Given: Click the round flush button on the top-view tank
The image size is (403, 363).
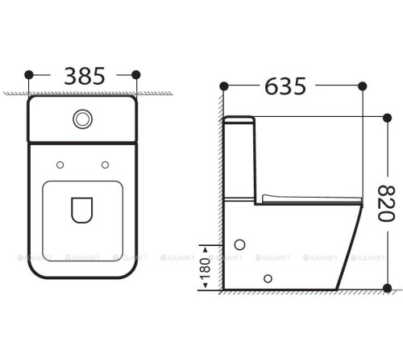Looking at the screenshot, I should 81,119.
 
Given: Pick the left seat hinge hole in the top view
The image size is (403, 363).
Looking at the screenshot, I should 60,165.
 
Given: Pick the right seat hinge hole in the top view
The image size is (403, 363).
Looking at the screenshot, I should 105,165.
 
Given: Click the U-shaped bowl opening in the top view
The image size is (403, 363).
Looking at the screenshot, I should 81,210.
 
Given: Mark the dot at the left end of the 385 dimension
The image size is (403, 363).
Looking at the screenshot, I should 29,75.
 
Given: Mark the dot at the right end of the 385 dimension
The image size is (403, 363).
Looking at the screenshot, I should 135,75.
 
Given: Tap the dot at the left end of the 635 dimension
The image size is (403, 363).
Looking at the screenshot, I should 224,85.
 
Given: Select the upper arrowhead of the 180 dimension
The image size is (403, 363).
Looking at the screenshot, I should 205,244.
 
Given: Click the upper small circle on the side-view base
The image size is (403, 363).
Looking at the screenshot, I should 239,244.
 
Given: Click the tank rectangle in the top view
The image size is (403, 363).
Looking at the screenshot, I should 81,119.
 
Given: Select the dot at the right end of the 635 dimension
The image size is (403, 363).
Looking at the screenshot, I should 364,85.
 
